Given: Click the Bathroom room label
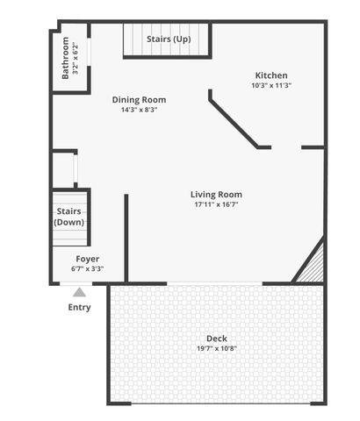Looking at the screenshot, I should (66, 57).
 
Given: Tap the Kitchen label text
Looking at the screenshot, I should (271, 75).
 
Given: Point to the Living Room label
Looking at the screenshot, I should (217, 195).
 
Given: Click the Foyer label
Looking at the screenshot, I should (87, 259).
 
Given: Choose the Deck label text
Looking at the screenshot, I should (217, 339).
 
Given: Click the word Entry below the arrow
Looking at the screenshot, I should (79, 307).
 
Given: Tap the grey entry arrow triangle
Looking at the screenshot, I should (79, 292).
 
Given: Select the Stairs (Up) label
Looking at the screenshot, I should (168, 39).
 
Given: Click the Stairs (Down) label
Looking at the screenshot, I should (70, 217).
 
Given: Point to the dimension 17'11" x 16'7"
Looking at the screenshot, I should (217, 204).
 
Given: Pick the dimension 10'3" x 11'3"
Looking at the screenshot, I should (271, 86).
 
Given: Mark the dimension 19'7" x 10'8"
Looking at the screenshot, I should (217, 348).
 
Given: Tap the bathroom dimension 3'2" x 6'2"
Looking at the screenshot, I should (76, 57).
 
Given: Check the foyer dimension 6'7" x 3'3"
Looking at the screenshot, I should (87, 268).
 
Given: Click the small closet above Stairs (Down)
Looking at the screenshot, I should (63, 168).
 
